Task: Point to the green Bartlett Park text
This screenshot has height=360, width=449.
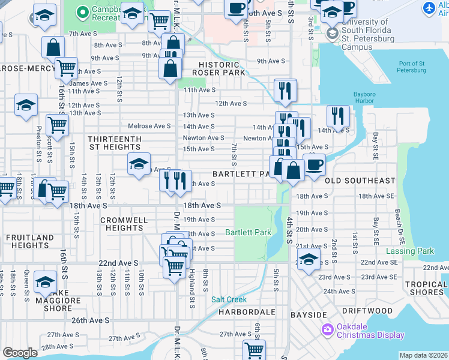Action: point(248,232)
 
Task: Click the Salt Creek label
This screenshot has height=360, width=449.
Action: point(229,299)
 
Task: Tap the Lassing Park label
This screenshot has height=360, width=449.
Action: point(410,251)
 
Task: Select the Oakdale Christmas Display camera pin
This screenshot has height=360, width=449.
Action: point(327,329)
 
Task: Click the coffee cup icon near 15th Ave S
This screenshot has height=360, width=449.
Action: point(314,164)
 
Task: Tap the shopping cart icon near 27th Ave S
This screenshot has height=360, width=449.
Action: point(254,350)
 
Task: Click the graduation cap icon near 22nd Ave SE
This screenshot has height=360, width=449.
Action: point(309,261)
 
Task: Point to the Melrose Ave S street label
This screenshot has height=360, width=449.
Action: point(149,126)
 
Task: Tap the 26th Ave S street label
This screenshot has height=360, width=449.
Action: point(91,320)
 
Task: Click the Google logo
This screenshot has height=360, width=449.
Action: point(20,353)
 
